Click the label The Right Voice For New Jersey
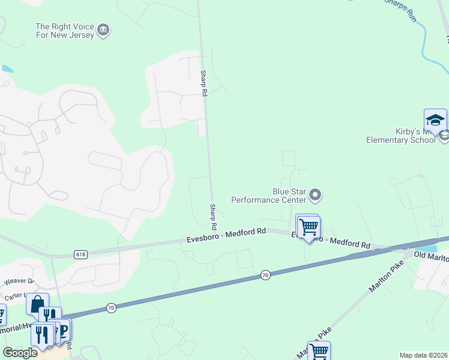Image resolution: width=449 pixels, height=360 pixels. pos(65,31)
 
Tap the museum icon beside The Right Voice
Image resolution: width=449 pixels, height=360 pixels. pos(103,31)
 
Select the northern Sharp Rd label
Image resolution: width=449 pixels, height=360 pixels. pos(203,83)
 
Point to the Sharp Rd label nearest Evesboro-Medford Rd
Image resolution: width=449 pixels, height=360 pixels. pos(213,218)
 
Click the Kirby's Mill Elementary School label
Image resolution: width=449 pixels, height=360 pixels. pos(401,136)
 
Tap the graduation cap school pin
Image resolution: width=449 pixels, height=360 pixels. pos(435,120)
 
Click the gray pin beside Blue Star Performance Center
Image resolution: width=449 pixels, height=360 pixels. pos(315,195)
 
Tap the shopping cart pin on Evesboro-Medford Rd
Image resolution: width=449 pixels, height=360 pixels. pos(309,227)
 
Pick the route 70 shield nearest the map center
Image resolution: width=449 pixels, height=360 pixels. pos(266,275)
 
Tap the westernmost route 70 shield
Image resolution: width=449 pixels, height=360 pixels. pos(111,308)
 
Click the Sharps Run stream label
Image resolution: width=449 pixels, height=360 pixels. pos(400,9)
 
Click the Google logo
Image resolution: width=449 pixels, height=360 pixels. pos(20,353)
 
